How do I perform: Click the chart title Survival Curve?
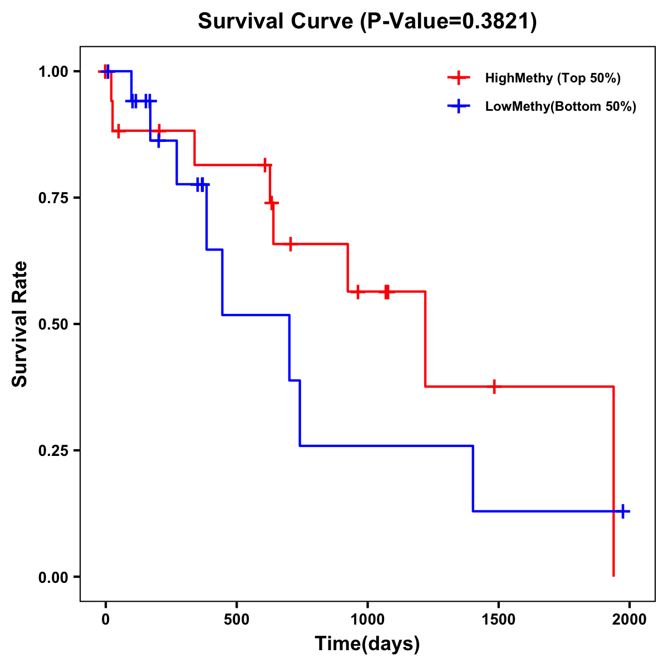click(x=275, y=22)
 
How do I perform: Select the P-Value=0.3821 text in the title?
click(x=449, y=22)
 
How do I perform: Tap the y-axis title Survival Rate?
click(x=20, y=324)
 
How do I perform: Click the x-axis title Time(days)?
click(x=367, y=644)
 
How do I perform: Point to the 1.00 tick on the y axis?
click(x=53, y=72)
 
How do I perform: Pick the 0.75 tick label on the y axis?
click(x=53, y=198)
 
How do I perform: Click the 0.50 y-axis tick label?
click(x=53, y=325)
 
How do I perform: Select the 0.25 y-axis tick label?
click(x=53, y=451)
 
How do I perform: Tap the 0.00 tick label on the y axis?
click(x=53, y=577)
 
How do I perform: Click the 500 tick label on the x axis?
click(x=237, y=620)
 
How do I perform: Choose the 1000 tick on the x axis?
click(x=367, y=620)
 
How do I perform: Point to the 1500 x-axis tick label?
click(x=498, y=620)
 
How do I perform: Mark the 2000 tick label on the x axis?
click(x=630, y=620)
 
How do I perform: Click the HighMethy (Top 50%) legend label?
click(x=553, y=78)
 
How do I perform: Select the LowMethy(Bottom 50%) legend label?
click(x=561, y=106)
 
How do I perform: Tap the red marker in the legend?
click(x=459, y=78)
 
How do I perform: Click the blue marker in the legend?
click(x=459, y=106)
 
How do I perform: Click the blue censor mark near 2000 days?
click(x=623, y=511)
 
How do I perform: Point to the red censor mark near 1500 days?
click(x=493, y=386)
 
